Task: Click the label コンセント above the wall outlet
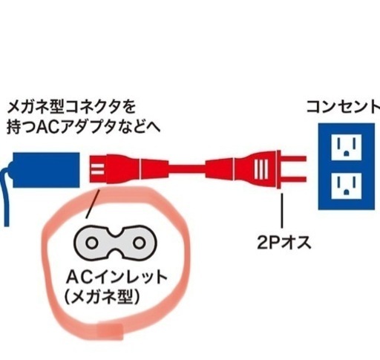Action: click(344, 106)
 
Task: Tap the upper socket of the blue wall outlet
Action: click(347, 147)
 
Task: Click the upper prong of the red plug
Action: click(294, 159)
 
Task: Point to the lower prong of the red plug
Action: click(294, 179)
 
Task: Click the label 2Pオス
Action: click(284, 243)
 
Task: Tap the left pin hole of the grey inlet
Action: click(92, 243)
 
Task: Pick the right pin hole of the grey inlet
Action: click(139, 243)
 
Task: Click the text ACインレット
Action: click(117, 277)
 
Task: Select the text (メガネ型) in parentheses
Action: click(102, 296)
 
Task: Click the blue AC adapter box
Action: click(46, 170)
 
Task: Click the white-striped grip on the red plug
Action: click(261, 169)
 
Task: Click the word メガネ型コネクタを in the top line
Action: click(72, 107)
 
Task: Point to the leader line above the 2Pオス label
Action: click(282, 211)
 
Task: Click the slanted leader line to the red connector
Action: click(93, 204)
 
